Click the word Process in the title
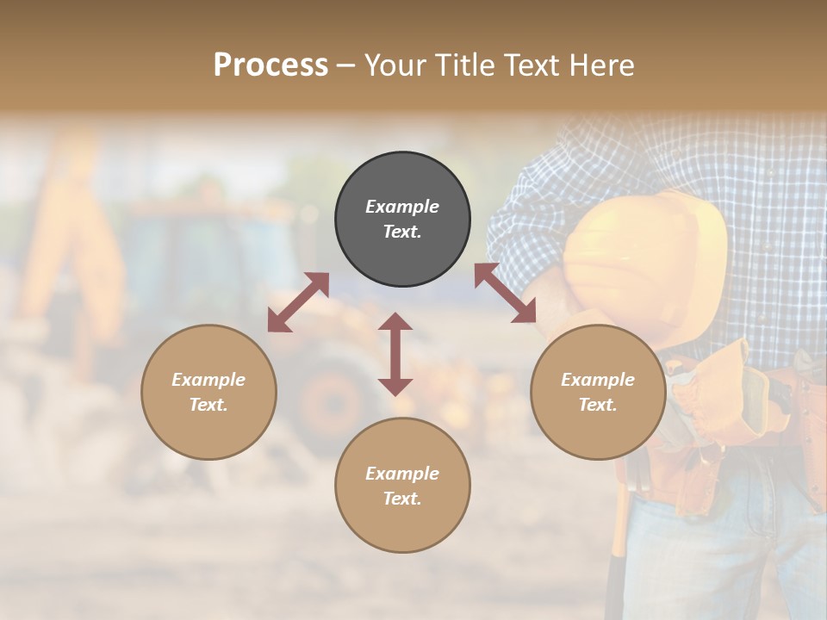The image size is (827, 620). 270,65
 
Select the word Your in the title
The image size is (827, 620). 396,65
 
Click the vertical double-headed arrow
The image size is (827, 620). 395,354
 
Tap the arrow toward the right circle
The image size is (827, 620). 505,293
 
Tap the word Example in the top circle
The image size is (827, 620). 402,207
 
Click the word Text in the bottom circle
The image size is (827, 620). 401,499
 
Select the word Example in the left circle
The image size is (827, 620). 208,380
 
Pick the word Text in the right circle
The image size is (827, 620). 597,405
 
